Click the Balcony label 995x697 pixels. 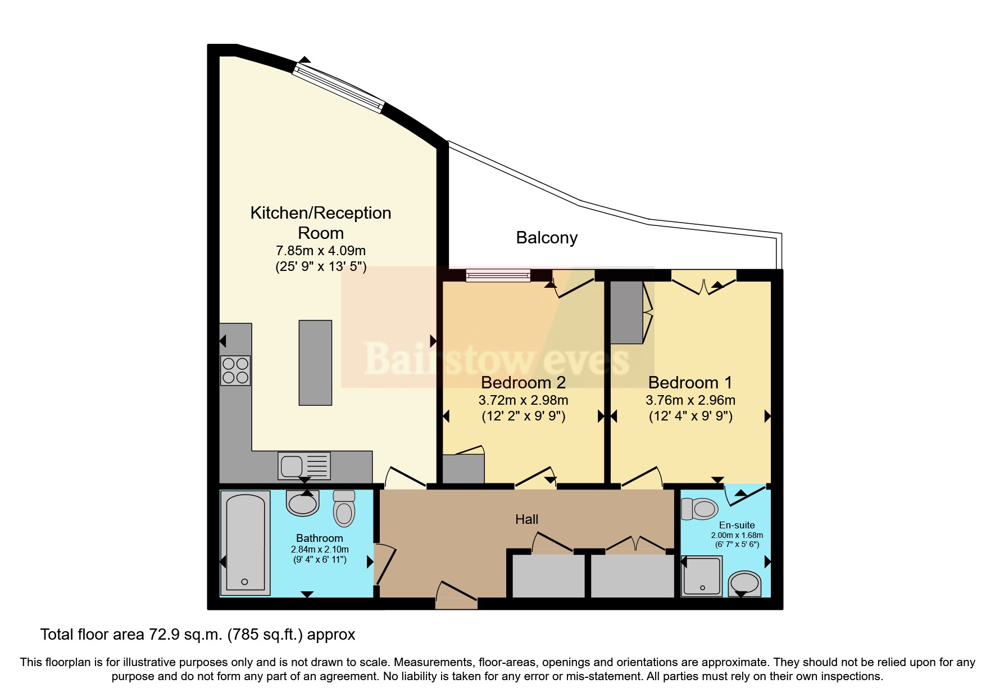coord(546,238)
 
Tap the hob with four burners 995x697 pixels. coord(235,370)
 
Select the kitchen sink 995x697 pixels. coord(303,466)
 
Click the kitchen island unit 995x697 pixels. coord(315,363)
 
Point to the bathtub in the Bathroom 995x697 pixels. coord(245,543)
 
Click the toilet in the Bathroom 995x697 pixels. coord(344,508)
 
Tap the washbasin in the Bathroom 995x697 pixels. coord(302,503)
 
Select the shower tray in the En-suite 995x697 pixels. coord(701,576)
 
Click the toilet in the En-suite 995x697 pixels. coord(700,509)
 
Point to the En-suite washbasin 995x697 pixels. coord(744,583)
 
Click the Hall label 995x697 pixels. coord(526,519)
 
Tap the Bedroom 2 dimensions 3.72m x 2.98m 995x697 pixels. coord(523,400)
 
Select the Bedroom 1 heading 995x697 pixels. coord(690,383)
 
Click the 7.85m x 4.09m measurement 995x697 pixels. coord(320,251)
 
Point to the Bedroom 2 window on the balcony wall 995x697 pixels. coord(498,275)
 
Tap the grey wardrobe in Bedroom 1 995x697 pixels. coord(626,313)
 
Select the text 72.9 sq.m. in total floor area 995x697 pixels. coord(186,635)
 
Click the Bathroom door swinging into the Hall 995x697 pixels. coord(385,564)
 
